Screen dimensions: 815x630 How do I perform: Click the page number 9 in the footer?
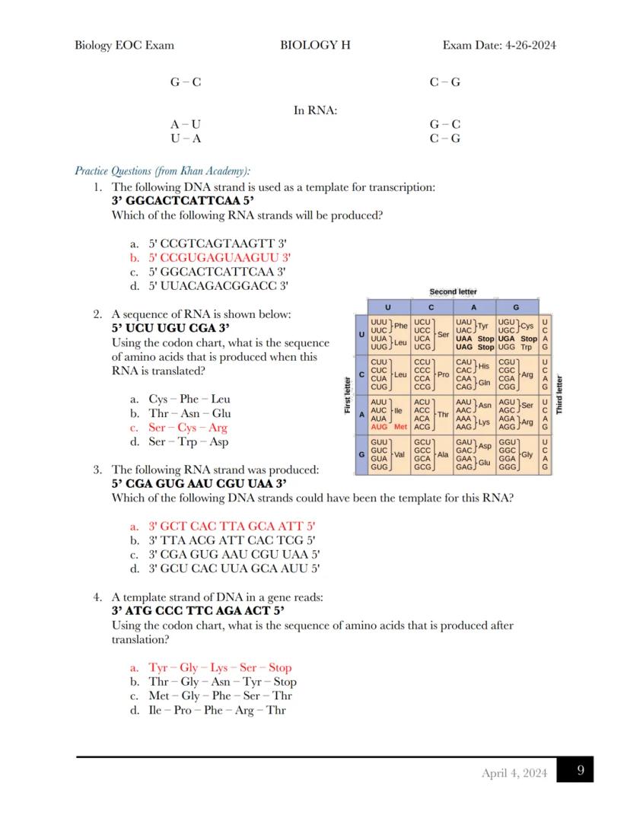tap(581, 770)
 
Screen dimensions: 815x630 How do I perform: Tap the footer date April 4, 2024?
tap(514, 773)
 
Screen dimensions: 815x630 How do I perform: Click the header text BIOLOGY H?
tap(315, 45)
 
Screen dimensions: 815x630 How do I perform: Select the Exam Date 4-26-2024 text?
tap(499, 45)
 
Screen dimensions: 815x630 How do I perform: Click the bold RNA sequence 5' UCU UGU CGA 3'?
tap(170, 328)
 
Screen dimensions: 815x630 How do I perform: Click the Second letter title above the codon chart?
tap(453, 292)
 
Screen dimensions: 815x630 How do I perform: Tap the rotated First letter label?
tap(348, 395)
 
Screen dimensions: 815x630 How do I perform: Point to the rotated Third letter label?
tap(559, 395)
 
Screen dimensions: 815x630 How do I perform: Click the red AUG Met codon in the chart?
tap(389, 427)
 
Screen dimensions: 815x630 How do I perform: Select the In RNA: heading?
tap(315, 110)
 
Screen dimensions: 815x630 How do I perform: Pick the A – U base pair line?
tap(186, 124)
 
